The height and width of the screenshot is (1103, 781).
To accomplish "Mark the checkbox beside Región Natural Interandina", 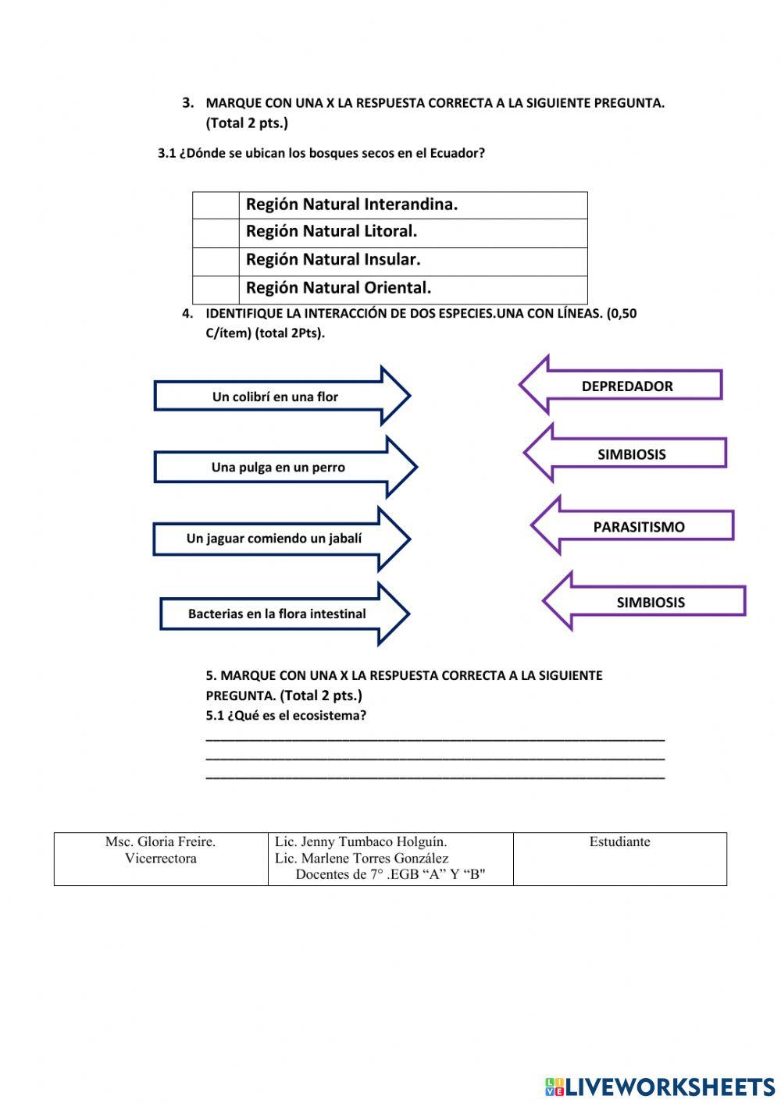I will [x=216, y=205].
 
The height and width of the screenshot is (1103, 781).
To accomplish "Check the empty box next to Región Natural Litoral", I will [x=216, y=233].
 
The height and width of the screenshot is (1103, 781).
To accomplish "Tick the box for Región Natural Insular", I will [x=216, y=261].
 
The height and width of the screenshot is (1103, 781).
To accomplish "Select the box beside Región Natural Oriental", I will [x=216, y=289].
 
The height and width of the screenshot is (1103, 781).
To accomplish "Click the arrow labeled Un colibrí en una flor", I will [x=276, y=397].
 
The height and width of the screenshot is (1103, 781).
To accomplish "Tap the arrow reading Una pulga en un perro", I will [x=278, y=468].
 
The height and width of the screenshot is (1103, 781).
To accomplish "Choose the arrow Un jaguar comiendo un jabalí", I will [x=274, y=539].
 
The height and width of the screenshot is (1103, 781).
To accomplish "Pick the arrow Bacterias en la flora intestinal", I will [x=276, y=614].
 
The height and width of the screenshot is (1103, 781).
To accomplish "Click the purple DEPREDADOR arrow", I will [x=626, y=386].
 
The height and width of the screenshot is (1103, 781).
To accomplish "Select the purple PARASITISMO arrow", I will [x=638, y=527].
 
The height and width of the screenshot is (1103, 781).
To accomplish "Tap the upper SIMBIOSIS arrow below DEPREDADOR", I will [x=631, y=454].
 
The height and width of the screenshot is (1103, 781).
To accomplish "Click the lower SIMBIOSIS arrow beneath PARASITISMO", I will [x=650, y=603].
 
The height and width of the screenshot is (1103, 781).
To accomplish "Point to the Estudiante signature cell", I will [x=619, y=858].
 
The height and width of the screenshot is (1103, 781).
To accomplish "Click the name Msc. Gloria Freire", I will [x=160, y=841].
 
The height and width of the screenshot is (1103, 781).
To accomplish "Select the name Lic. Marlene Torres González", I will [x=362, y=858].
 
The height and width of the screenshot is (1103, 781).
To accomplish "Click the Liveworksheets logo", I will [x=659, y=1086].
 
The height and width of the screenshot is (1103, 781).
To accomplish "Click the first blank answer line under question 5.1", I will [x=435, y=738].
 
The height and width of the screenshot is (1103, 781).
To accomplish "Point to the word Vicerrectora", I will [x=160, y=859].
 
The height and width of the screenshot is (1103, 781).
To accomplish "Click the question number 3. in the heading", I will [x=187, y=102].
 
